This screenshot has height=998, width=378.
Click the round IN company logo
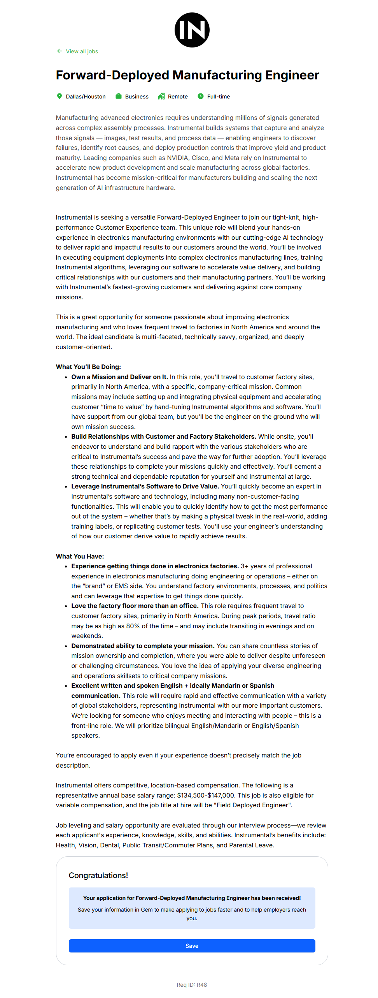tap(192, 30)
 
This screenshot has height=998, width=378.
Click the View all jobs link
tap(82, 51)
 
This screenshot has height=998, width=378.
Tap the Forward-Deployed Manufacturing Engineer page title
tap(187, 75)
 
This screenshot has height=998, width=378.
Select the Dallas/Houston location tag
tap(86, 97)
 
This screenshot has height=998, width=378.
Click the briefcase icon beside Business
tap(119, 96)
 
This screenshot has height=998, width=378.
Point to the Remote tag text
tap(178, 97)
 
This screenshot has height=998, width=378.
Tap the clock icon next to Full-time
tap(201, 96)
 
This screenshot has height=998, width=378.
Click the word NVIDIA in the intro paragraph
tap(177, 158)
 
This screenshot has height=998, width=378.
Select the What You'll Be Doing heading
tap(88, 367)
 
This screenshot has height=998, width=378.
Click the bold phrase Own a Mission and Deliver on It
tap(119, 377)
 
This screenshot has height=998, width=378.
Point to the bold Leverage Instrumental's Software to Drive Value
tap(145, 486)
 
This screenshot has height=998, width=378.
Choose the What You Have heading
tap(80, 556)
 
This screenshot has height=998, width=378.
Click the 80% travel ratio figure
tap(166, 626)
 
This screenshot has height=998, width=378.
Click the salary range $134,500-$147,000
tap(206, 795)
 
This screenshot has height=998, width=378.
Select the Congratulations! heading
tap(98, 875)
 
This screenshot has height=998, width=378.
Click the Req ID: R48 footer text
tap(192, 985)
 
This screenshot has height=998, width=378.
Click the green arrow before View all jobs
tap(59, 51)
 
